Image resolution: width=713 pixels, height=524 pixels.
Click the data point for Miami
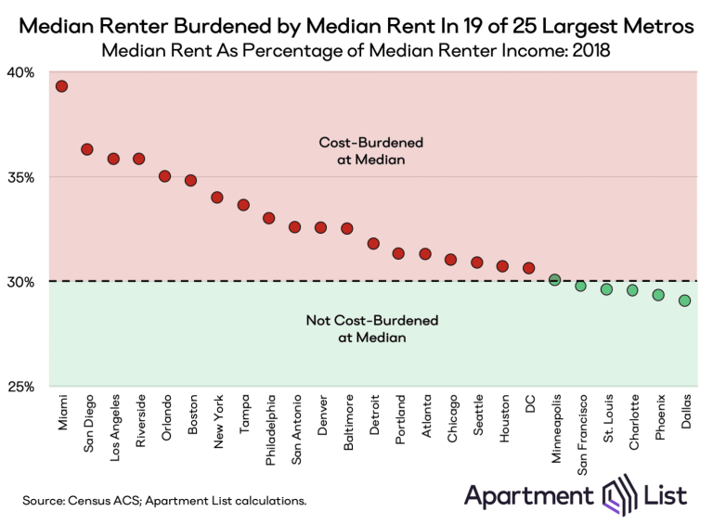(61, 86)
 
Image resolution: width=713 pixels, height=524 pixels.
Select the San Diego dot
(87, 149)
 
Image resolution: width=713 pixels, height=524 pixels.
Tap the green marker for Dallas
(684, 300)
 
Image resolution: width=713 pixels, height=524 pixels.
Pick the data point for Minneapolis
(554, 279)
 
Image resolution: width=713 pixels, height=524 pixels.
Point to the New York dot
(217, 198)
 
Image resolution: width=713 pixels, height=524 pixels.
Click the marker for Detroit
(373, 244)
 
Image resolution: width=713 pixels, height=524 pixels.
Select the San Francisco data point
(580, 286)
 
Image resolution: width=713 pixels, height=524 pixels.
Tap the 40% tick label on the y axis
(22, 72)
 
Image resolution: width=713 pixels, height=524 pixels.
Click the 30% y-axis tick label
(22, 282)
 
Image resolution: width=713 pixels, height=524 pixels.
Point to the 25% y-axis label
(22, 387)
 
